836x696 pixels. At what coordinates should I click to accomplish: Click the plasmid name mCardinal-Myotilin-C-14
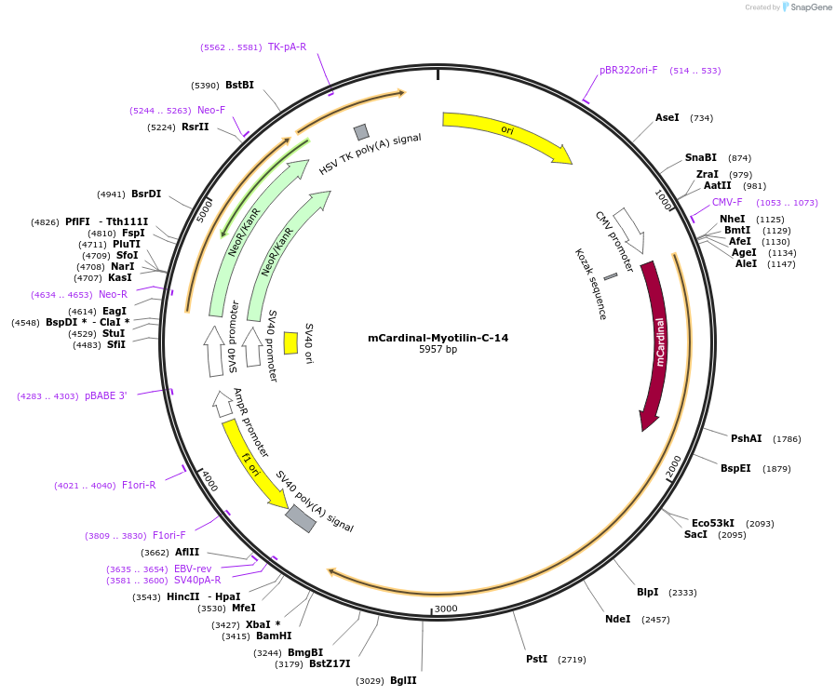coord(438,338)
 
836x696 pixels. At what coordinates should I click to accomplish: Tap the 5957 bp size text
coord(438,350)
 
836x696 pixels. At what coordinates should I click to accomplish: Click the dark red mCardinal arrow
coord(657,344)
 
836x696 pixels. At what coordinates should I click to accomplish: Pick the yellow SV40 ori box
coord(290,342)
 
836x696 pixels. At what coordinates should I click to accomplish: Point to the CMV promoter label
coord(614,241)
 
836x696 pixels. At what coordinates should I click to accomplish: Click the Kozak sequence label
coord(590,284)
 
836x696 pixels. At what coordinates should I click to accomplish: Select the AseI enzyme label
coord(667,118)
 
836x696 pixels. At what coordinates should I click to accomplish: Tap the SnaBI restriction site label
coord(701,158)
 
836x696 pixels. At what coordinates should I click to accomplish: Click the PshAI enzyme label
coord(746,439)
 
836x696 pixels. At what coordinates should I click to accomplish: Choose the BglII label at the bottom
coord(403,681)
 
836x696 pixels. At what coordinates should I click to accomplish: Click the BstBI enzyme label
coord(239,86)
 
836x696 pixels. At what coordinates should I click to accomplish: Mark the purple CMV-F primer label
coord(727,203)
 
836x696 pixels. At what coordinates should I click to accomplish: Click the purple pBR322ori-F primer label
coord(628,71)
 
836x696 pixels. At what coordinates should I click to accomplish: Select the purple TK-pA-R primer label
coord(287,47)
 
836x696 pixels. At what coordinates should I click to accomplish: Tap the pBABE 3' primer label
coord(105,396)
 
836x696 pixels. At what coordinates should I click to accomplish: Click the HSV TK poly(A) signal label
coord(370,154)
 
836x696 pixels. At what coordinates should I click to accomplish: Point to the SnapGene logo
coord(806,7)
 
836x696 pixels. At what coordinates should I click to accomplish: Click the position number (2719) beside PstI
coord(572,660)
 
